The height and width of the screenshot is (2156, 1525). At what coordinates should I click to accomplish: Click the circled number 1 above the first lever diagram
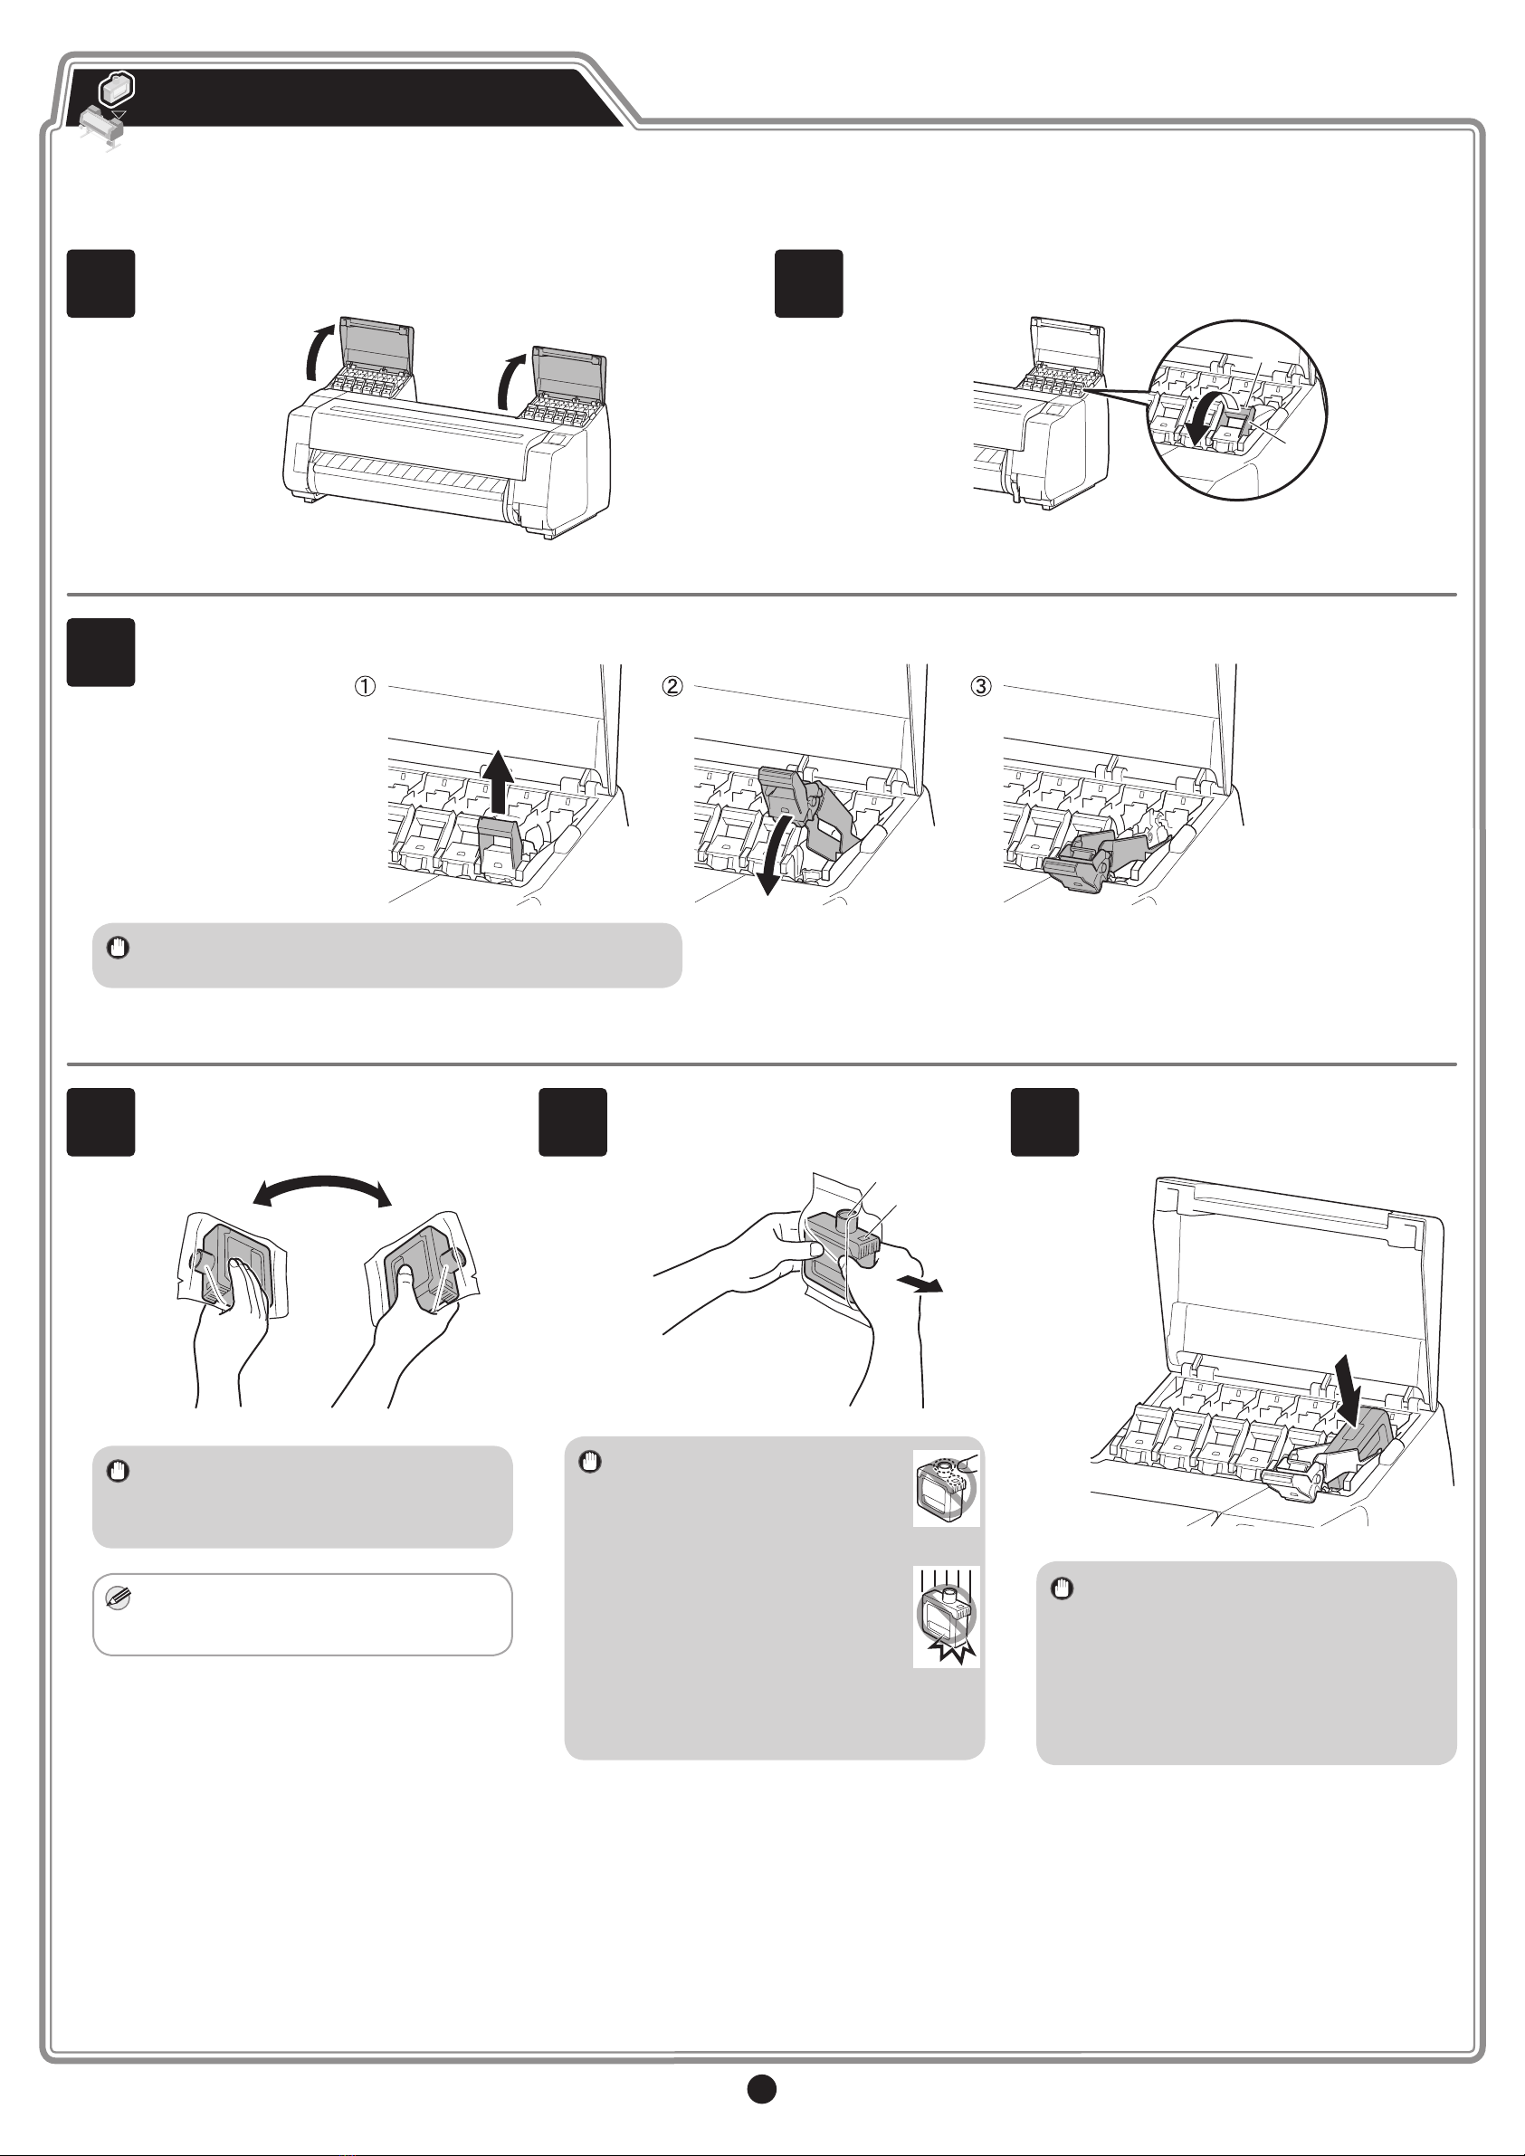click(365, 686)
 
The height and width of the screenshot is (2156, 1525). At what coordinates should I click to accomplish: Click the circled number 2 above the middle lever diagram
click(672, 686)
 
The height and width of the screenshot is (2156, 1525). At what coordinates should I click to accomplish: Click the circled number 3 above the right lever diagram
click(980, 686)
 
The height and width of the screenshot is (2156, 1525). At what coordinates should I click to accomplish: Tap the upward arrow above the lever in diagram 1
click(498, 779)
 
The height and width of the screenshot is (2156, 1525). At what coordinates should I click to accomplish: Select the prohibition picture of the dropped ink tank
click(947, 1617)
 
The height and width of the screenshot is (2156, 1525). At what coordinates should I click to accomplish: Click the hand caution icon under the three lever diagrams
click(119, 948)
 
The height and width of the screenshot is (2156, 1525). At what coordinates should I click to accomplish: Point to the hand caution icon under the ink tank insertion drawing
click(1062, 1588)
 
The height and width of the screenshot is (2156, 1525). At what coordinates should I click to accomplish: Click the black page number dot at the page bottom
click(761, 2087)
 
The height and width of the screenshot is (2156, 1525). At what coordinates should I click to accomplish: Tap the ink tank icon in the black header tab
click(117, 89)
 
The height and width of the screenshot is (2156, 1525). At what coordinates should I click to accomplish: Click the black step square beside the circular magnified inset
click(808, 283)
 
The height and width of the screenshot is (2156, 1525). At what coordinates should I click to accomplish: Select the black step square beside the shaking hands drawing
click(100, 1122)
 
